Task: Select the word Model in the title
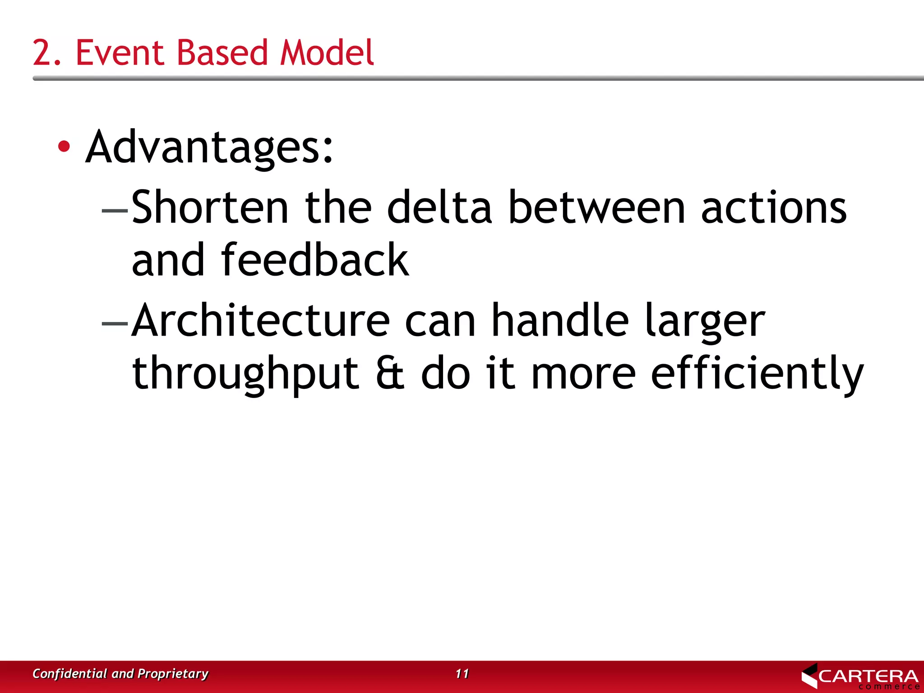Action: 327,53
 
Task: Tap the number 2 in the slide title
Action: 42,53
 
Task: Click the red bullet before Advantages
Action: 64,146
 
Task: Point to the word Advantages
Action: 209,147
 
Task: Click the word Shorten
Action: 210,208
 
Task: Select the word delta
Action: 439,208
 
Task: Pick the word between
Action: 596,208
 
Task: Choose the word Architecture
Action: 261,320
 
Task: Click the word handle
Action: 559,320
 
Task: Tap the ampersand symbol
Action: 390,374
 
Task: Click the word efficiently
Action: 757,374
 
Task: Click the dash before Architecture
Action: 115,323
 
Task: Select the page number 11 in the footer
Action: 462,674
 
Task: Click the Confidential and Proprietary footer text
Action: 120,674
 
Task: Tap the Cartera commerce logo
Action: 859,676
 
